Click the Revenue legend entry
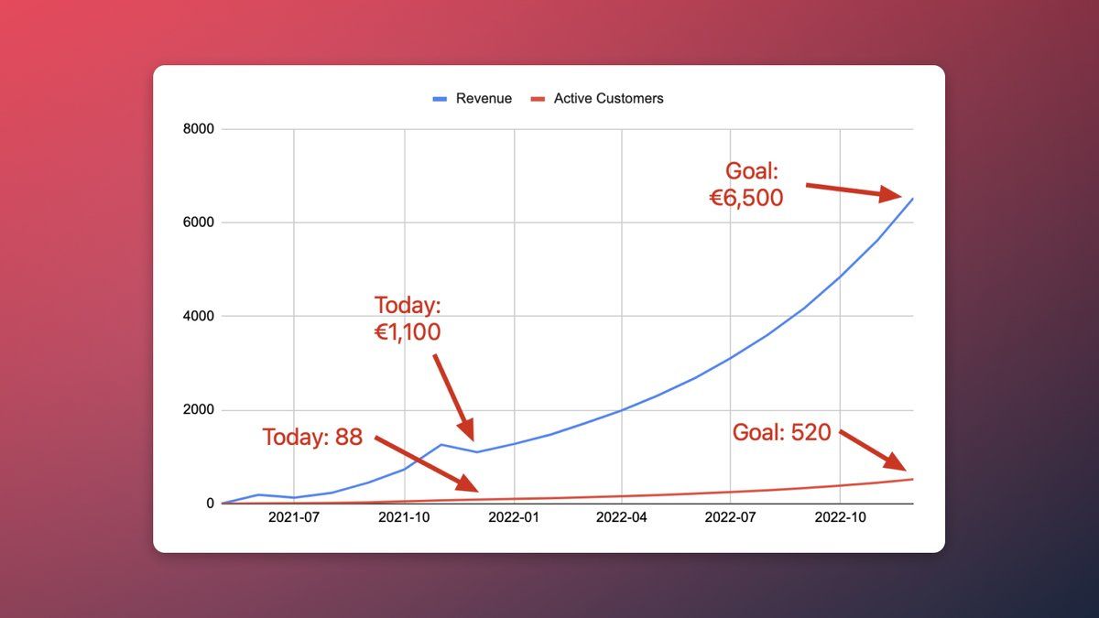point(472,99)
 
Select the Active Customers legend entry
point(597,99)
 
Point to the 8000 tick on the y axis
point(198,129)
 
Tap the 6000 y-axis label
point(198,222)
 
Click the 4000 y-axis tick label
point(198,316)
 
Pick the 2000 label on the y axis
point(198,409)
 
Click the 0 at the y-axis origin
point(210,504)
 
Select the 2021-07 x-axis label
point(294,517)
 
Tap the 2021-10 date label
point(404,517)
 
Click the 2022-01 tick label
point(514,517)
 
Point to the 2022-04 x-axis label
point(621,517)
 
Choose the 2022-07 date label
point(730,517)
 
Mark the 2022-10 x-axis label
point(840,517)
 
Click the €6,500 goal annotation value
point(746,198)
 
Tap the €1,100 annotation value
point(408,332)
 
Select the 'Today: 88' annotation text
point(312,437)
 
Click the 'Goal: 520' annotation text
point(781,432)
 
